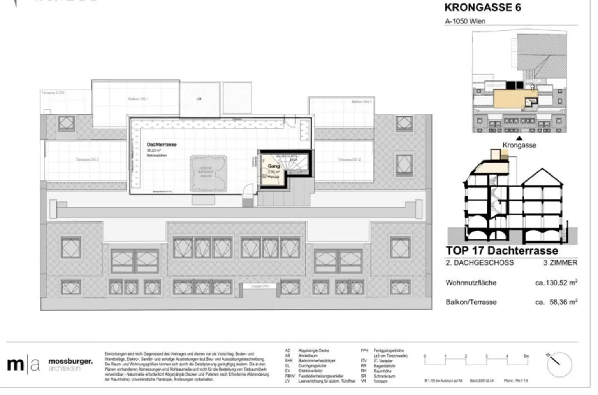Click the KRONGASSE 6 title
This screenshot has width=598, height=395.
pos(482,7)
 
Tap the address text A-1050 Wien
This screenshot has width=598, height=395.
pos(465,21)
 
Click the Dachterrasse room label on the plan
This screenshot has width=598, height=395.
pos(162,145)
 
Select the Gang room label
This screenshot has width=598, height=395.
pos(274,166)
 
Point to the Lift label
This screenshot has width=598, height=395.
pos(199,99)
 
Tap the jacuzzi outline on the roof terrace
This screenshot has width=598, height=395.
pos(208,173)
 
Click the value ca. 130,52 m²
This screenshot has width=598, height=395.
pos(556,283)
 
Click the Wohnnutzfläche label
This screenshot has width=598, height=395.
pos(471,283)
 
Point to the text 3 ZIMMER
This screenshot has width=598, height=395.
pos(560,263)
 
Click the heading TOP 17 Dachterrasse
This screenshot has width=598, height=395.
pos(502,251)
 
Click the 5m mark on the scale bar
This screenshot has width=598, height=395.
pos(526,356)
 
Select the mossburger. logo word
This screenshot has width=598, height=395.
pos(70,362)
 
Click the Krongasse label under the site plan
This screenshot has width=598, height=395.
pos(519,145)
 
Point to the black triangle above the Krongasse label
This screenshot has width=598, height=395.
pos(519,138)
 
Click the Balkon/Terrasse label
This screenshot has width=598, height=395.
pos(471,302)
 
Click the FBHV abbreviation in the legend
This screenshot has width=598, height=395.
pos(289,376)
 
